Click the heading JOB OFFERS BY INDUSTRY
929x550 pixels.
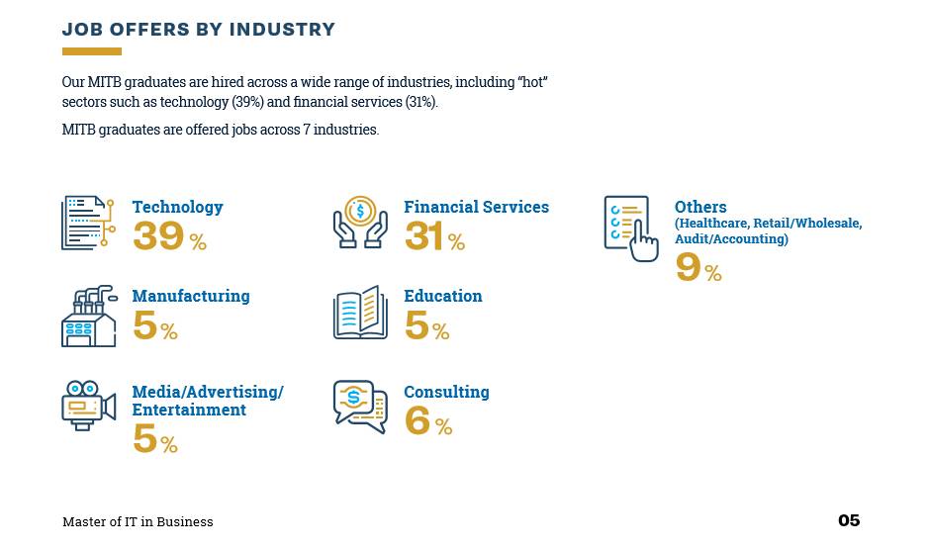point(199,30)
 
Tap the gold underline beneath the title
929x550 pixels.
point(91,51)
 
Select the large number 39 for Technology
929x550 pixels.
point(158,237)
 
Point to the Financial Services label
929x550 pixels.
point(476,207)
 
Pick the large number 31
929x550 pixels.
point(424,237)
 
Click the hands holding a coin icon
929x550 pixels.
point(360,223)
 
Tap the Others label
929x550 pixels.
point(700,207)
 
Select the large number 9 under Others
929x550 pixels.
point(688,268)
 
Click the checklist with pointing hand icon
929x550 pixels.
point(630,228)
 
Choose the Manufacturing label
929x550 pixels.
point(191,296)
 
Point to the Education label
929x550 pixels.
point(443,296)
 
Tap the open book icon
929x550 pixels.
point(360,314)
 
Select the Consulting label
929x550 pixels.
point(446,392)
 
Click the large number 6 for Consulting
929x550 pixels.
point(418,421)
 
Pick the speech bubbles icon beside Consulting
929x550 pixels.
point(360,406)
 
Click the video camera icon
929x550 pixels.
point(88,405)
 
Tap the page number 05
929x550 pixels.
point(849,520)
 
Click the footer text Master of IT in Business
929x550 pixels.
point(138,521)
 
